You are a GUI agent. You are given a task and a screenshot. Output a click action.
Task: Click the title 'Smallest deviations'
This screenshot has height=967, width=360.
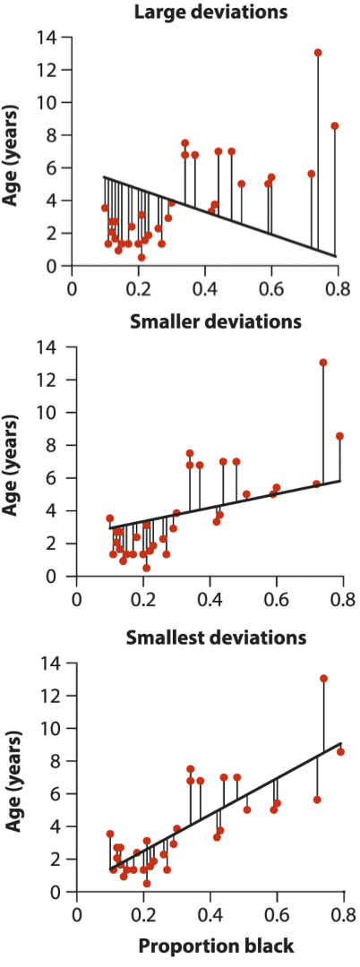click(x=216, y=636)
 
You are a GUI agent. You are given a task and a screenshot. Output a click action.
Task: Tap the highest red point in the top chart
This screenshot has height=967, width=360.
click(x=318, y=53)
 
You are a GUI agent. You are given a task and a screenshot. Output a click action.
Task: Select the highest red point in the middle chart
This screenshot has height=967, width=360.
click(x=323, y=362)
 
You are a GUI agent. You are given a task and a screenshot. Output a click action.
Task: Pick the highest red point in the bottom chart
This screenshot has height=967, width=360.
click(x=323, y=679)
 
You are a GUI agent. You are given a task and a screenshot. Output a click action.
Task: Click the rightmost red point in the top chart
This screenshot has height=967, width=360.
click(x=335, y=126)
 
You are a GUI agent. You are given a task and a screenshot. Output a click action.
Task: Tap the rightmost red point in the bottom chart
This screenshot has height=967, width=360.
click(x=340, y=751)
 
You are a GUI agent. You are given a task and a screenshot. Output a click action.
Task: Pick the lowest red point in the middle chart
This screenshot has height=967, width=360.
click(x=146, y=568)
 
